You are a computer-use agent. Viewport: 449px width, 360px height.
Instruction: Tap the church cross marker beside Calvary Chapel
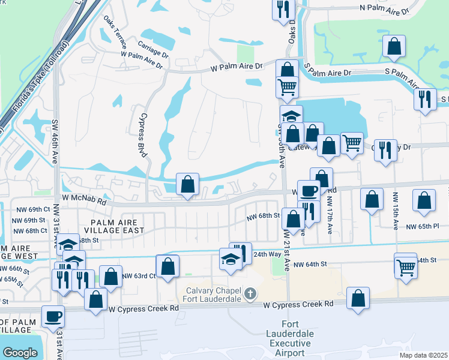[x=251, y=294]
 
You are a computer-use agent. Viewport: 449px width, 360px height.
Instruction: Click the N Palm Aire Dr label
[x=383, y=10]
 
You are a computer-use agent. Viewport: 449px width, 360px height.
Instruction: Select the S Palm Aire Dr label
[x=328, y=73]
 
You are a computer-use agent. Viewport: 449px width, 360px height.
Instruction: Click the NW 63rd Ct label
[x=139, y=276]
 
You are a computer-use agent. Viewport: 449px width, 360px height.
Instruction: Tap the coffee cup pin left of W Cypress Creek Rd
[x=53, y=317]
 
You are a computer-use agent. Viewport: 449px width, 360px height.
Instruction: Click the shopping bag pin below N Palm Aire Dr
[x=393, y=46]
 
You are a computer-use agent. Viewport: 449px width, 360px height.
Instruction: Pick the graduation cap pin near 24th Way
[x=231, y=259]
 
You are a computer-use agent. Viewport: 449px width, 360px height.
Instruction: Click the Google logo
[x=20, y=353]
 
